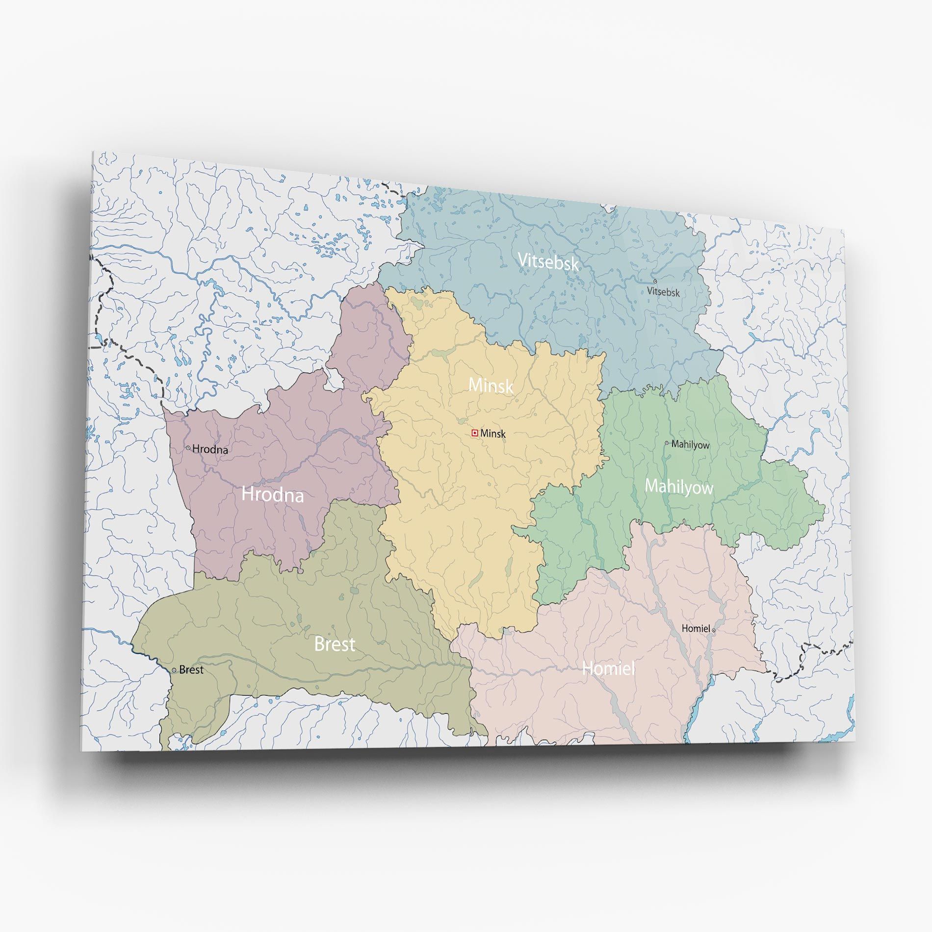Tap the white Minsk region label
click(x=491, y=386)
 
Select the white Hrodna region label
click(x=273, y=494)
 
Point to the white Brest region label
click(x=335, y=644)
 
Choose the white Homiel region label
click(x=608, y=668)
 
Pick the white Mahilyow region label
click(x=679, y=486)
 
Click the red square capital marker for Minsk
click(x=474, y=433)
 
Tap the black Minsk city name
click(x=493, y=434)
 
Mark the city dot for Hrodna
click(x=188, y=448)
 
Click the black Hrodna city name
click(x=210, y=449)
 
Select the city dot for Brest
click(x=174, y=670)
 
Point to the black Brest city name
click(x=191, y=670)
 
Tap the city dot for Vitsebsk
click(x=655, y=282)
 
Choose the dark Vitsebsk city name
click(x=663, y=292)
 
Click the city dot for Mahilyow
click(x=667, y=443)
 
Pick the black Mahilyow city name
click(x=691, y=445)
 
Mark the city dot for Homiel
click(x=714, y=630)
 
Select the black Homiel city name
click(x=696, y=628)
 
